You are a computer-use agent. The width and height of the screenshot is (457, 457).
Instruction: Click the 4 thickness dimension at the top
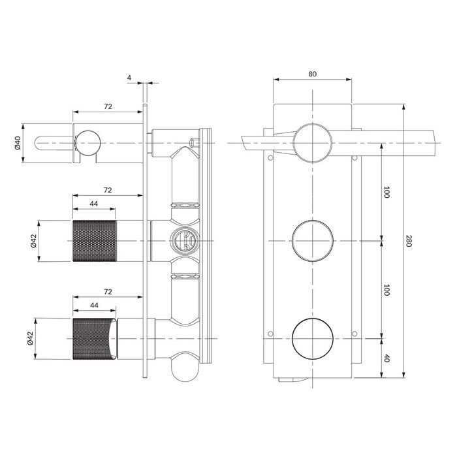[130, 78]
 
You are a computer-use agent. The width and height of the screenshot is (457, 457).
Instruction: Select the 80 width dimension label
[313, 74]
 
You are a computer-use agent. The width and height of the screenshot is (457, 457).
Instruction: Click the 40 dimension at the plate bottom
[386, 358]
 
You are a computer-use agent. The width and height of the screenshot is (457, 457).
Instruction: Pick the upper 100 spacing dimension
[386, 192]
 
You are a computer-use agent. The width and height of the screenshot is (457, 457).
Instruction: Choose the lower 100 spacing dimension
[386, 290]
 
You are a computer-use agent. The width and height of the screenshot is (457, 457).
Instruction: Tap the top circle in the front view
[313, 142]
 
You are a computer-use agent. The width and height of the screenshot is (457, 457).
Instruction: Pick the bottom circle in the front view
[313, 339]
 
